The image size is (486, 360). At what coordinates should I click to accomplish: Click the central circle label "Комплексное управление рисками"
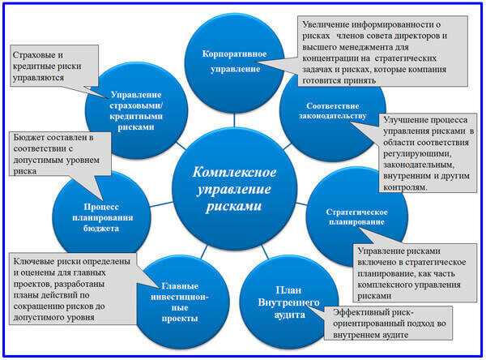pyautogui.click(x=234, y=189)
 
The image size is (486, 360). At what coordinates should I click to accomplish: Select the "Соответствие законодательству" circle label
pyautogui.click(x=333, y=111)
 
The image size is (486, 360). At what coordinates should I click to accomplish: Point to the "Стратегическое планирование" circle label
pyautogui.click(x=356, y=217)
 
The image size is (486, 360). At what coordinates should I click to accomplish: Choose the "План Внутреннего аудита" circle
pyautogui.click(x=289, y=302)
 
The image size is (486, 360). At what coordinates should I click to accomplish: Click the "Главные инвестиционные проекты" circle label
pyautogui.click(x=180, y=302)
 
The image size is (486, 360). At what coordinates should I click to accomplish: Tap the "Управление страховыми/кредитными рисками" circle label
pyautogui.click(x=136, y=111)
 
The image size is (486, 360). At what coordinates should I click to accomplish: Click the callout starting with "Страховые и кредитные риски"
pyautogui.click(x=54, y=66)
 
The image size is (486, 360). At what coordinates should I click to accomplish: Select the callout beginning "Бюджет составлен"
pyautogui.click(x=60, y=154)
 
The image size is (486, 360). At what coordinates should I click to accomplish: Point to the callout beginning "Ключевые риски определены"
pyautogui.click(x=73, y=289)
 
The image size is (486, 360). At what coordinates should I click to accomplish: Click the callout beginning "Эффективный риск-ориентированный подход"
pyautogui.click(x=389, y=324)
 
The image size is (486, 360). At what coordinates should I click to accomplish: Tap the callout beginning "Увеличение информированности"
pyautogui.click(x=382, y=51)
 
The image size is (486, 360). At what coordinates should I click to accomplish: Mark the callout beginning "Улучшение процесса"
pyautogui.click(x=428, y=153)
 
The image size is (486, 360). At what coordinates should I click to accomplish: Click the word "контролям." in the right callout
pyautogui.click(x=405, y=187)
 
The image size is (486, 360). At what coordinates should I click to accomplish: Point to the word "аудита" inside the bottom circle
pyautogui.click(x=289, y=315)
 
